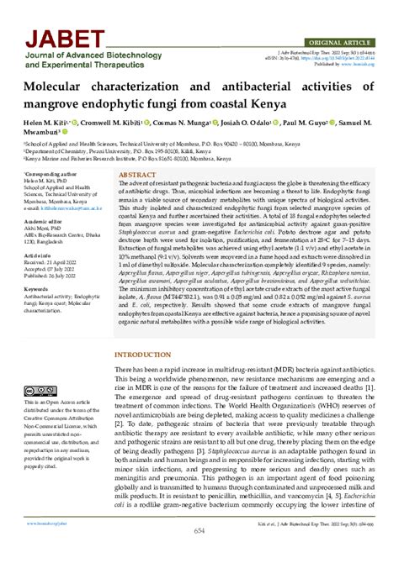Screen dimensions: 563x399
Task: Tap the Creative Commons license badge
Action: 40,392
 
